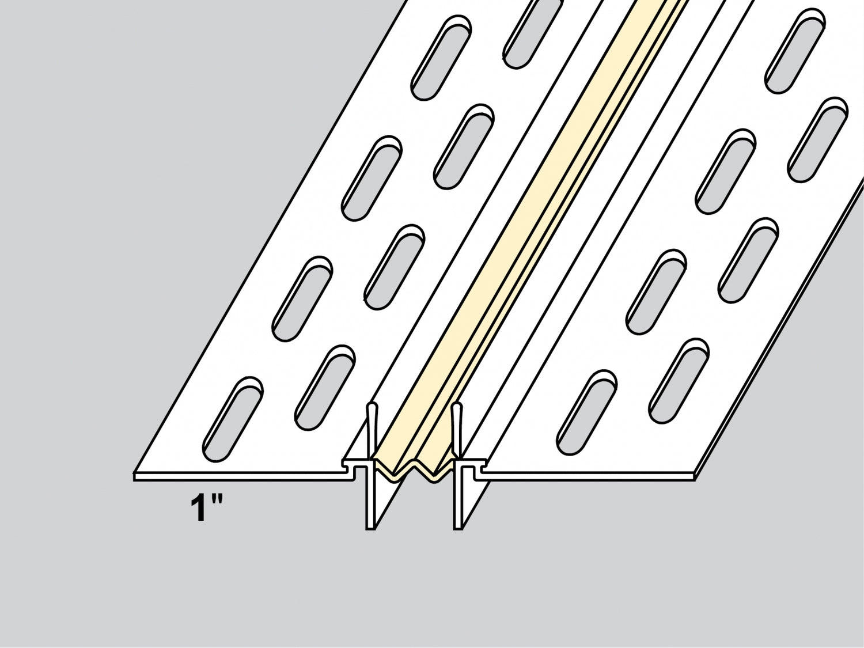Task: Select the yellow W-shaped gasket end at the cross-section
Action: click(414, 470)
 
